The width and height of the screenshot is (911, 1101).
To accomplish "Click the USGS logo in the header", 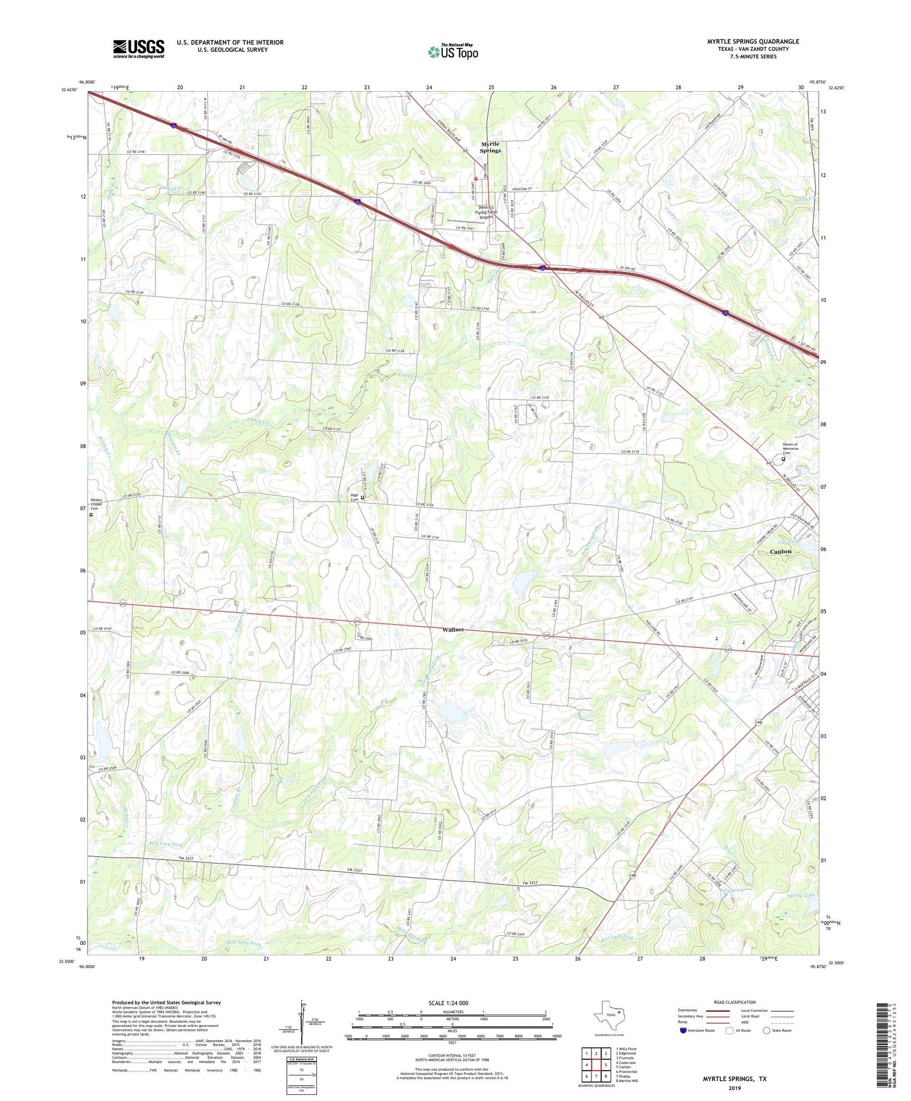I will coord(138,49).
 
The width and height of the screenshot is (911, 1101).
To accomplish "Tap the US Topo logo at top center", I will coord(452,52).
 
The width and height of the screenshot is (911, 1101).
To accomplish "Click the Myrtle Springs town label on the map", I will coord(490,147).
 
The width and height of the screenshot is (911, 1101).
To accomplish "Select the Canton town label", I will coord(780,551).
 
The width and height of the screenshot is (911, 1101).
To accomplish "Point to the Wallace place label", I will coord(453,629).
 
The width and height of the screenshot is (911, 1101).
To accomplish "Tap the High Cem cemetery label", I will coord(355,497).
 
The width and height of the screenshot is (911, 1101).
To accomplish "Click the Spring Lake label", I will coord(802,895).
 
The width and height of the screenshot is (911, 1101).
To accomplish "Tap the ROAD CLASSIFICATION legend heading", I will coord(735,1003).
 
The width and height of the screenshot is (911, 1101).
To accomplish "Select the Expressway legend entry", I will coord(691,1011).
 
